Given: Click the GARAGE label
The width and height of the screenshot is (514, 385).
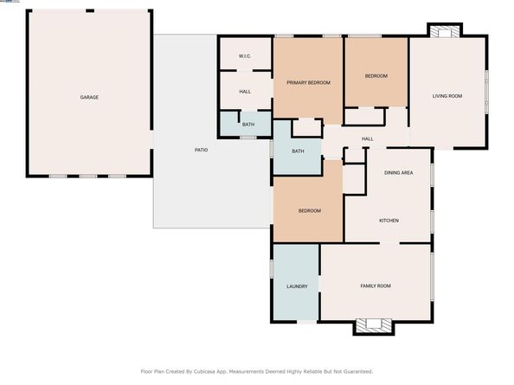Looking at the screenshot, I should (x=89, y=97).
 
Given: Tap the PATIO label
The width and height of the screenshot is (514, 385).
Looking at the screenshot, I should (x=200, y=151).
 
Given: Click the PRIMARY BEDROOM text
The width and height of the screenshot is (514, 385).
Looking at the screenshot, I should (x=309, y=82).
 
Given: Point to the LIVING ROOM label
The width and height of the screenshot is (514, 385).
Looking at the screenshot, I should (x=447, y=97).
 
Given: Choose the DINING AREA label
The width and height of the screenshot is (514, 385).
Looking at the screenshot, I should (x=398, y=173).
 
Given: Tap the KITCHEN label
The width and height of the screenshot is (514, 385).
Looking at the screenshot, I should (x=389, y=221).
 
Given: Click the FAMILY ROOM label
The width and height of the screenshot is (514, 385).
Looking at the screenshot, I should (x=376, y=286).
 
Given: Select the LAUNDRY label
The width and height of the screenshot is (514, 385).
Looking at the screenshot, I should (x=297, y=286).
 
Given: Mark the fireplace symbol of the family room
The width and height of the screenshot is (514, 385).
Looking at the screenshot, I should (x=374, y=325).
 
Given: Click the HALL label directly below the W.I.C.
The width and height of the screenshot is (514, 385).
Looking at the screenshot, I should (x=245, y=91).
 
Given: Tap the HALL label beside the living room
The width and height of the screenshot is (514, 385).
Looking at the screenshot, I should (x=367, y=138).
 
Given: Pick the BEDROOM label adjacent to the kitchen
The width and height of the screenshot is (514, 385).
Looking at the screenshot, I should (x=310, y=211).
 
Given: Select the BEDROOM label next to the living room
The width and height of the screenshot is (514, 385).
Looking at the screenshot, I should (x=376, y=76).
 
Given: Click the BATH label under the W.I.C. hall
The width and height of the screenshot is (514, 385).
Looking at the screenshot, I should (x=248, y=125).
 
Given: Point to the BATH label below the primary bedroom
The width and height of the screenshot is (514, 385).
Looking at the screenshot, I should (x=298, y=151).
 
